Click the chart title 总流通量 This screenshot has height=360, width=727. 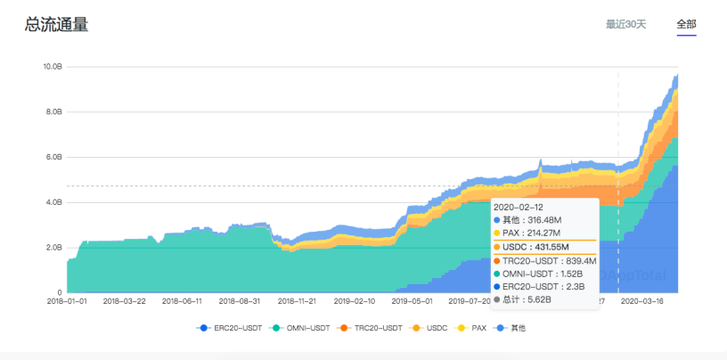(56, 25)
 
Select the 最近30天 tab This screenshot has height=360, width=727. (625, 25)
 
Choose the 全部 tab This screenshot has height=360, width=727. (686, 25)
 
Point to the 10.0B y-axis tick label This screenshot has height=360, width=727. (53, 67)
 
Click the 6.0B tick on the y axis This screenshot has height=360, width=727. (53, 157)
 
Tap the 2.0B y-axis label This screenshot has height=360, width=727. (53, 247)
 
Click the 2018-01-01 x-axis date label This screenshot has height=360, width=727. (68, 302)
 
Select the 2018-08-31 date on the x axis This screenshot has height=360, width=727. (241, 302)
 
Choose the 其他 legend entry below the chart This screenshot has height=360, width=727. (518, 328)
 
